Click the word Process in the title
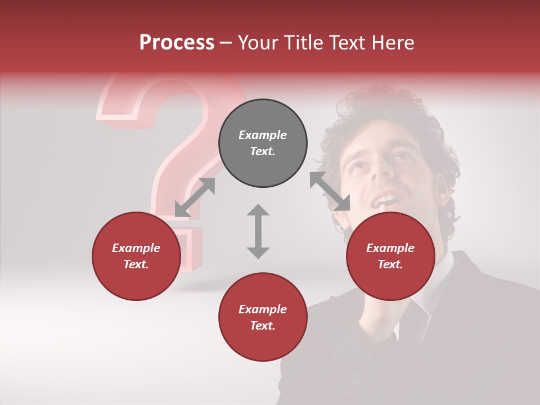[x=177, y=43]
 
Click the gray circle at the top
[x=263, y=143]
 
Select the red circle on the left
[x=136, y=256]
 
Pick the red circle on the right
[x=390, y=256]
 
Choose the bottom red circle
[x=263, y=317]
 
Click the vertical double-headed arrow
[x=258, y=231]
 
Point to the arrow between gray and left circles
[x=195, y=197]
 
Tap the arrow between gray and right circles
[x=330, y=192]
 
